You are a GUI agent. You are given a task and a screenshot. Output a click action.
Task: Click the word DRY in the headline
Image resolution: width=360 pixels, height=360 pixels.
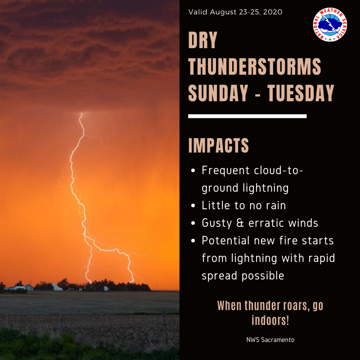[x=203, y=41]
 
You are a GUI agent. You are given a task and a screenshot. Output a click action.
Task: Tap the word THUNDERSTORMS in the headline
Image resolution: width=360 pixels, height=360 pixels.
[x=255, y=67]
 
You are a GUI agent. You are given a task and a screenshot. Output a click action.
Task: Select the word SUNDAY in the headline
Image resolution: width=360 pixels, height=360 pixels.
[x=217, y=93]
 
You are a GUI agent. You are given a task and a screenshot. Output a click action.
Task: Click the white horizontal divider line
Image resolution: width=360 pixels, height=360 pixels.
[x=247, y=116]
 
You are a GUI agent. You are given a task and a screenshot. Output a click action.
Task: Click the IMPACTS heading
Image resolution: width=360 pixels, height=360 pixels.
[x=218, y=146]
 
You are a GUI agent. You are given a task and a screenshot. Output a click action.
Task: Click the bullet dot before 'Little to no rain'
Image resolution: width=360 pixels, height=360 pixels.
[x=193, y=206]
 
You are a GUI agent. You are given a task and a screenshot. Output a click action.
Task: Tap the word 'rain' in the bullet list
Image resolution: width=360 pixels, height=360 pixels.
[x=275, y=206]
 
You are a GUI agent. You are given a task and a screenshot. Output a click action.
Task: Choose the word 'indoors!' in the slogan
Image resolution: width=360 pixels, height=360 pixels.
[x=270, y=321]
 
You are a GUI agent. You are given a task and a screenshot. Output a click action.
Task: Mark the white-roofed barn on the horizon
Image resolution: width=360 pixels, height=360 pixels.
[x=56, y=287]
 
